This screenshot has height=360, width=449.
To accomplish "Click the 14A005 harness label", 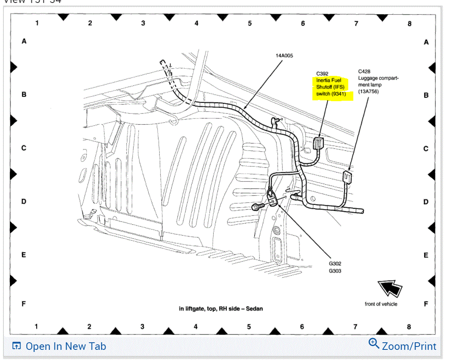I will point(284,55).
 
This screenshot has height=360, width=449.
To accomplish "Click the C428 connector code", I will point(364,72).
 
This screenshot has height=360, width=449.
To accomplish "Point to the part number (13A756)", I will point(368,91).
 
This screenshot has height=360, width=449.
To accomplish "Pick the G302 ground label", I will point(335,264).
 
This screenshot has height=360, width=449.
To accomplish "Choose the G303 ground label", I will point(335,271).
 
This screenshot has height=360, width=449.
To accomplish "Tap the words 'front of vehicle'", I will point(381,304).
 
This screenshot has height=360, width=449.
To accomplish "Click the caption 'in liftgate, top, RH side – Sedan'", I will point(221,309).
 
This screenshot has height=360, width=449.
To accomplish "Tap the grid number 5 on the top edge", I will point(250,24).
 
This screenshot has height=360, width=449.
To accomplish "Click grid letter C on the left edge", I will point(24,148).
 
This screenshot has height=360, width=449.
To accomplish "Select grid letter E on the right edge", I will point(426,255).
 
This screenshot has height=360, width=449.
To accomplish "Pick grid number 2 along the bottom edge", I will point(89,326).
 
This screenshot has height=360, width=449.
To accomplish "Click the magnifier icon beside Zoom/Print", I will point(374,344).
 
